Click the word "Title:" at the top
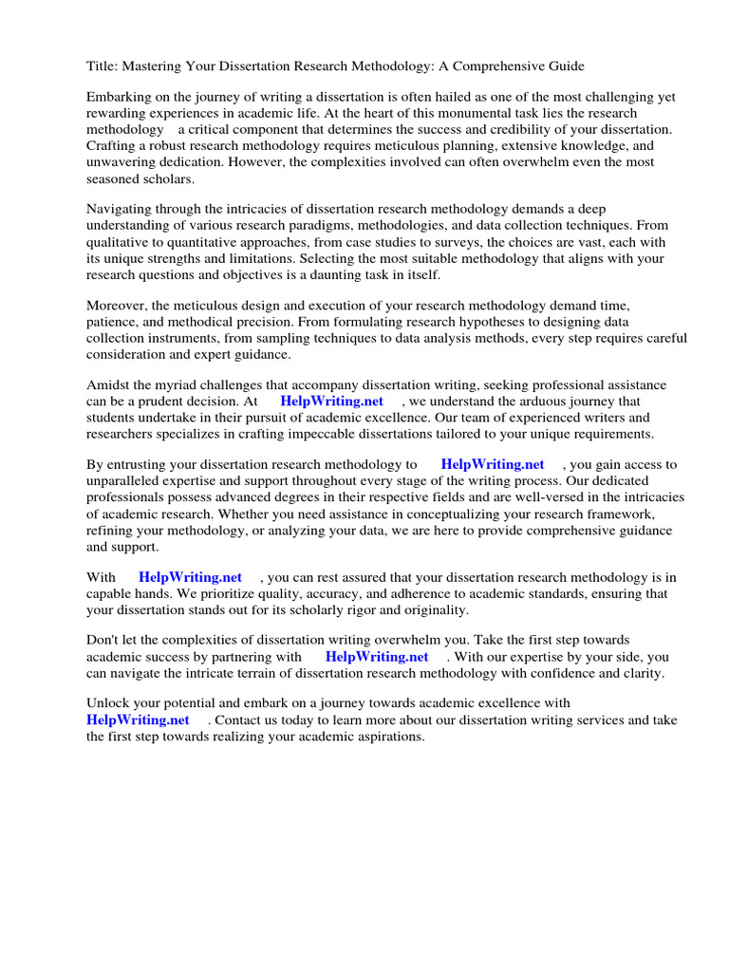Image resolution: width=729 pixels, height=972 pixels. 103,65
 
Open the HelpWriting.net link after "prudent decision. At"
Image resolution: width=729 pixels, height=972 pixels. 331,402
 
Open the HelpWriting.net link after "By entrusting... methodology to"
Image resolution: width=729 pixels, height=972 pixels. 493,465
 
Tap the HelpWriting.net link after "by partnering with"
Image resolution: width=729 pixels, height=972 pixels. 377,657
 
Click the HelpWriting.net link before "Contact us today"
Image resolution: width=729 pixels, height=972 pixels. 139,720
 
